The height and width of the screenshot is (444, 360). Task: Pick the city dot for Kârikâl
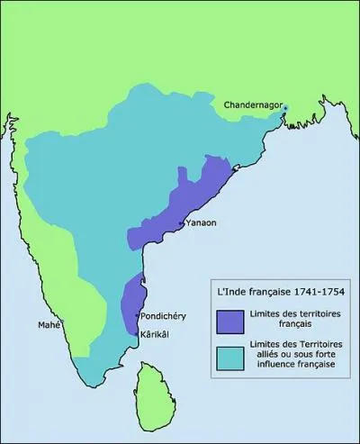point(137,333)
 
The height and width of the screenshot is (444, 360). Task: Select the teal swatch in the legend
point(230,358)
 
